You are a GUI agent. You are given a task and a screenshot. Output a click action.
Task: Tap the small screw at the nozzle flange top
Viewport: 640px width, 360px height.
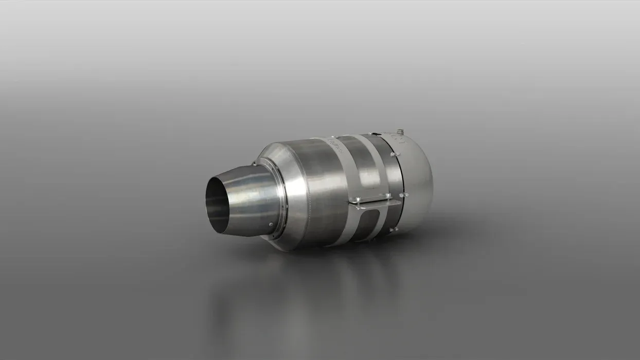(x=254, y=165)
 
